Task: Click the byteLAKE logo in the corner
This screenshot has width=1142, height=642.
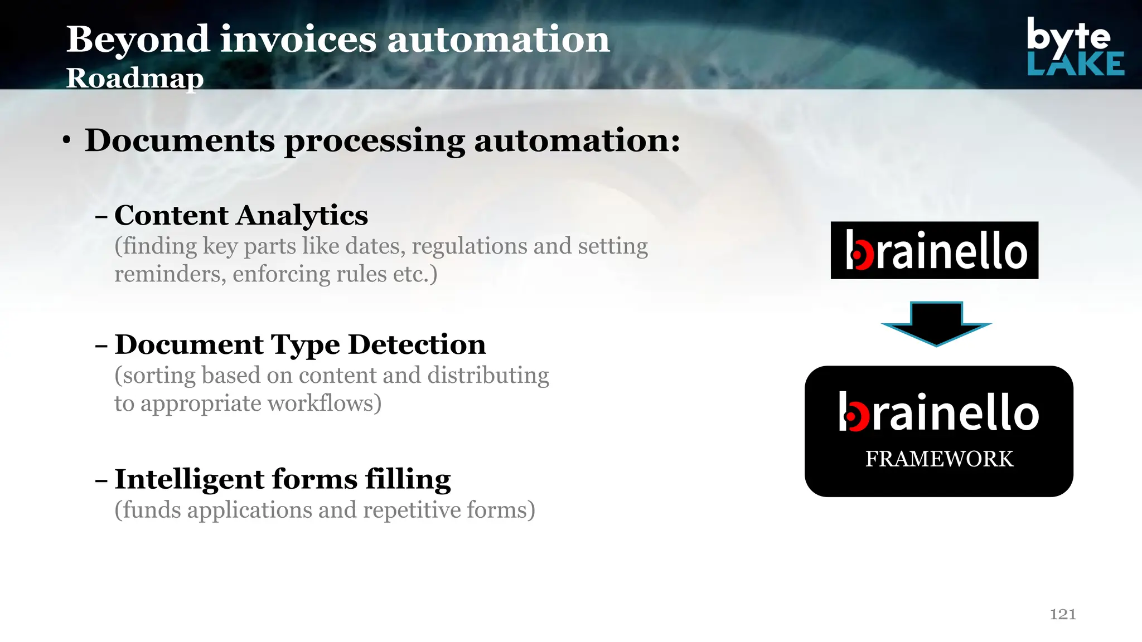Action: (x=1075, y=47)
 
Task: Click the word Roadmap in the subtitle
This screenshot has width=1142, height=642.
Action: (x=135, y=78)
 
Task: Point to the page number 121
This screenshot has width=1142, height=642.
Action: (x=1063, y=614)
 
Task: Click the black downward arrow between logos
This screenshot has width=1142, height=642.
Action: (x=936, y=323)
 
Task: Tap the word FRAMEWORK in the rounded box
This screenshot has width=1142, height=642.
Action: (x=939, y=459)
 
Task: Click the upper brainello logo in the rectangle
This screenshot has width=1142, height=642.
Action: (x=935, y=251)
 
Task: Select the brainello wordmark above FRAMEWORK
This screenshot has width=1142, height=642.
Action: (x=939, y=412)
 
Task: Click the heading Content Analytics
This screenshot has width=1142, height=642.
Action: (x=241, y=216)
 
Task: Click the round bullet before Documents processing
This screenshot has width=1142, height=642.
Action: (x=67, y=141)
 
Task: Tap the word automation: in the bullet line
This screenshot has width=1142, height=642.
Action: (x=577, y=140)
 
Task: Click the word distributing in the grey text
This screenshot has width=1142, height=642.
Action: (x=488, y=376)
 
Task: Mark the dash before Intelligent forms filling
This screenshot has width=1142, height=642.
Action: (x=101, y=480)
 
